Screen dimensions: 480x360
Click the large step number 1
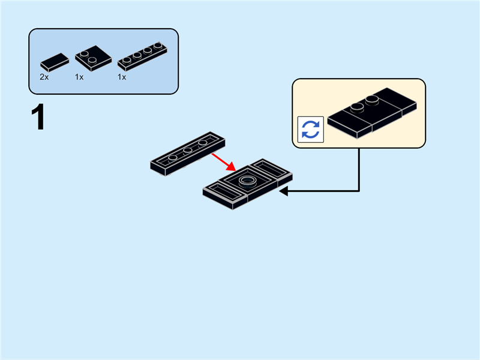38,116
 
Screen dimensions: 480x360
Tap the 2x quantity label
44,77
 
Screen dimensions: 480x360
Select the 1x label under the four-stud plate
122,77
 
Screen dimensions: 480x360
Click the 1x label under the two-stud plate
79,77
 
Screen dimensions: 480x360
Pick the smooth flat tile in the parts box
55,62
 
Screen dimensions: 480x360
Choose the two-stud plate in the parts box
94,58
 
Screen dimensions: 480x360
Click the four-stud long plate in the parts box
142,56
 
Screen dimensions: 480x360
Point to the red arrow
223,162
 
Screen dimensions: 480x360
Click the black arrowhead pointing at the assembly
283,191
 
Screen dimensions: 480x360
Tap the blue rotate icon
311,130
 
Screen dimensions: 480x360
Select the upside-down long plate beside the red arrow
188,154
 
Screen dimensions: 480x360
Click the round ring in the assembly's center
247,181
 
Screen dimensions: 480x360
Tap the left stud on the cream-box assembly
357,107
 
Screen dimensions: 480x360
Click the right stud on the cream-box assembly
372,100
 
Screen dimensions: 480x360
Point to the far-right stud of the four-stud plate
158,46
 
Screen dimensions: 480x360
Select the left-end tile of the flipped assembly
225,196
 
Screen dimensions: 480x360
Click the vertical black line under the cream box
359,170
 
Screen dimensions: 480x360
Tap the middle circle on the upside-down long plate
188,150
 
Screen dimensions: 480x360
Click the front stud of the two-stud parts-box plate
92,60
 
